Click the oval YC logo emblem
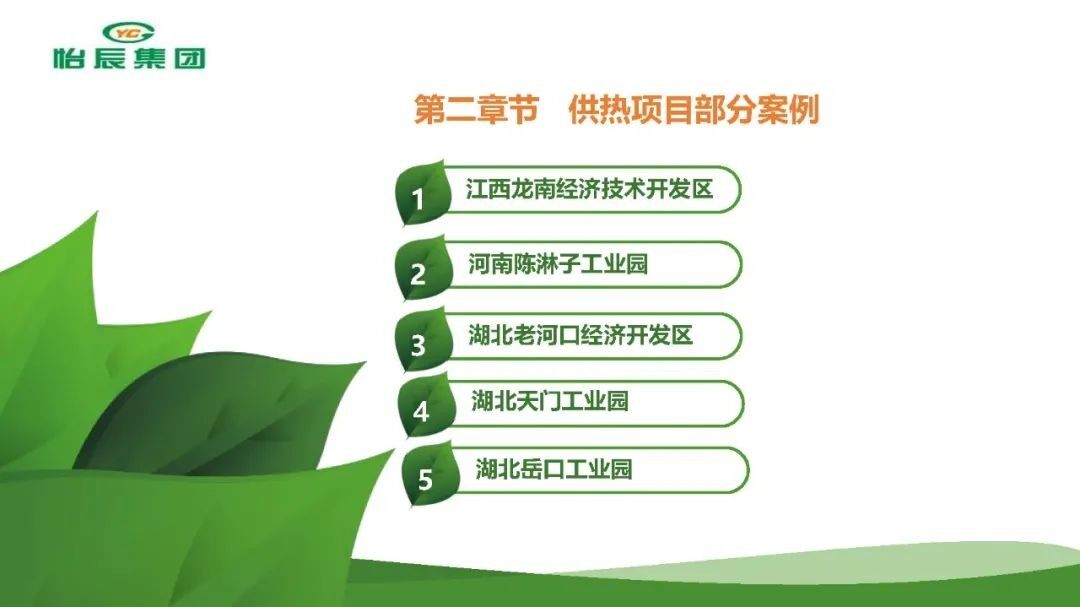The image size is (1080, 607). pos(129,32)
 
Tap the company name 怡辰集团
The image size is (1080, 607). pos(129,58)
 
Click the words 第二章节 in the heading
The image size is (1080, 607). pos(476,110)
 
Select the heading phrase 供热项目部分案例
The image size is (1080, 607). pos(694,110)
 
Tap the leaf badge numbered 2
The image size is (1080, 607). pos(422,269)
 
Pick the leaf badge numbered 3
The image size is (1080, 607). pos(423,340)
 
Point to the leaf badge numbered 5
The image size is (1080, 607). pos(428,475)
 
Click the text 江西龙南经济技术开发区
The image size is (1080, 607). pos(589,189)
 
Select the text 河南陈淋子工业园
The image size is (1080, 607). pos(558,264)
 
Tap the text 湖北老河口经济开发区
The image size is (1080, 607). pos(581,336)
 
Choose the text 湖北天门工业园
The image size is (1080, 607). pos(550,401)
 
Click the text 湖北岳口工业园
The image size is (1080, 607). pos(554,469)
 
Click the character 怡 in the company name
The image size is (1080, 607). pos(70,58)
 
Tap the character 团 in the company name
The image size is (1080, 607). pos(189,58)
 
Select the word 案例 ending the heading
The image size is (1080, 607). pos(789,110)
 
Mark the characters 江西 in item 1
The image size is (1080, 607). pos(488,189)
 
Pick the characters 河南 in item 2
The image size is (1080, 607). pos(490,264)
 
